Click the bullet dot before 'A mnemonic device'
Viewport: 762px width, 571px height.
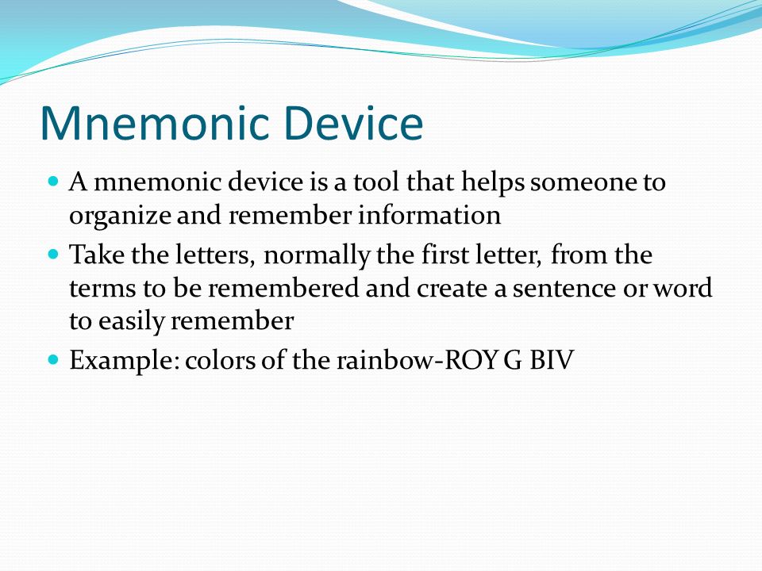tap(53, 182)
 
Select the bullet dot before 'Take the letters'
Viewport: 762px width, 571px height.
tap(53, 254)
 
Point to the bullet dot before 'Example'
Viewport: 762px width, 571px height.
tap(53, 360)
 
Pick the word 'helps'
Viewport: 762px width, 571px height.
tap(493, 183)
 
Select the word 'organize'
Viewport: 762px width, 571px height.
tap(120, 216)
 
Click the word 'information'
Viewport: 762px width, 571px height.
tap(429, 215)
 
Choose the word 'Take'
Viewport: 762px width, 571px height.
tap(97, 255)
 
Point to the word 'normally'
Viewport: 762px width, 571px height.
tap(317, 256)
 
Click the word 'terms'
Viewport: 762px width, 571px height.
tap(102, 289)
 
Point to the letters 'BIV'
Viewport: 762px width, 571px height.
tap(552, 360)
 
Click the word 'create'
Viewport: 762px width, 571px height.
tap(453, 289)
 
